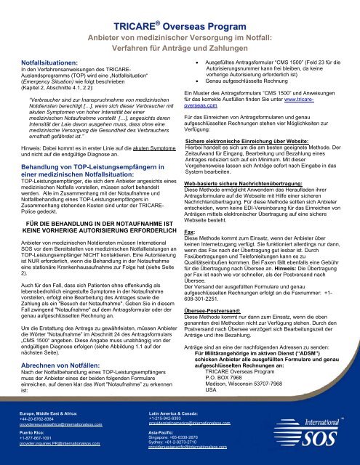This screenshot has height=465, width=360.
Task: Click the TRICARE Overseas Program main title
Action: click(180, 26)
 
